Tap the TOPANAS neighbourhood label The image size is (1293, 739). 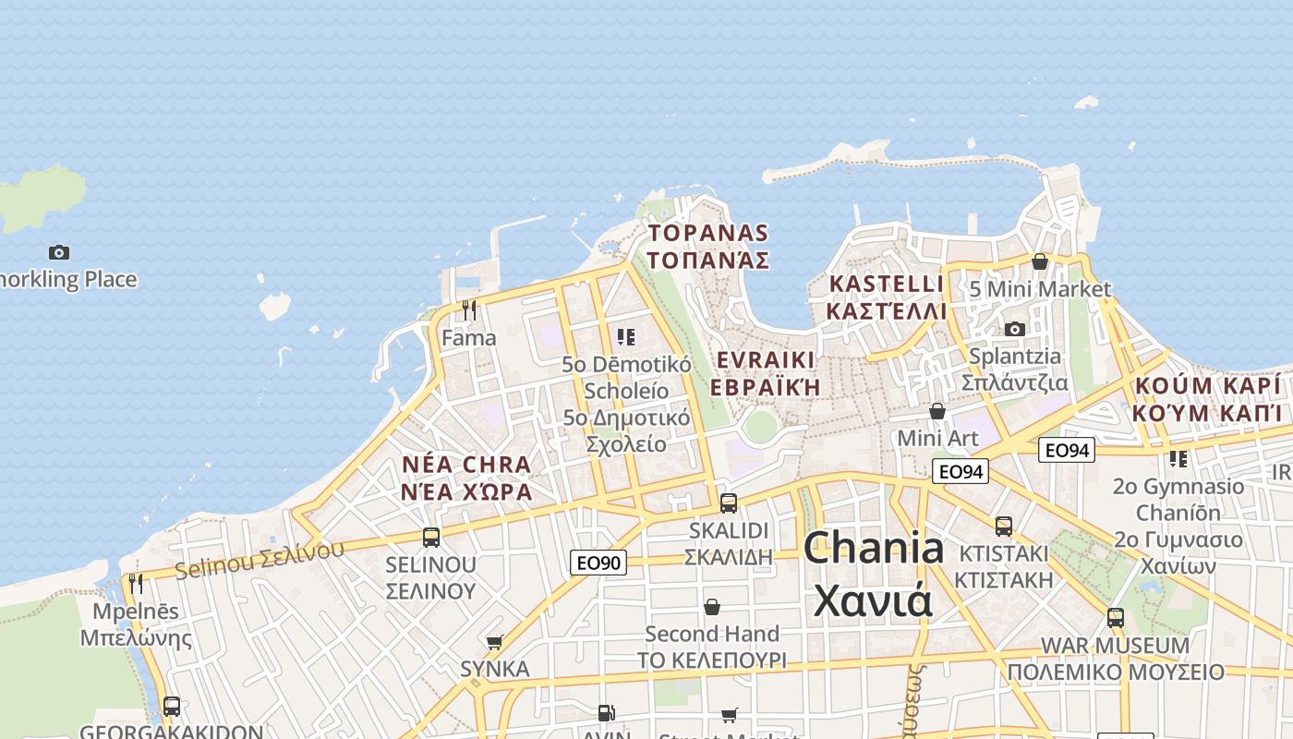click(x=707, y=246)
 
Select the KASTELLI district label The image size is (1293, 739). click(x=887, y=297)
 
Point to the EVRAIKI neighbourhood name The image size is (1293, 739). click(x=767, y=372)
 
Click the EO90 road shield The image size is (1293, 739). click(x=598, y=562)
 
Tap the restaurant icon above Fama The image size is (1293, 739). click(x=469, y=310)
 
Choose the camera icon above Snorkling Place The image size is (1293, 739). click(x=59, y=252)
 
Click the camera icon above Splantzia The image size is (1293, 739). click(x=1014, y=329)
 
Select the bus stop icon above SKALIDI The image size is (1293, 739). click(x=729, y=503)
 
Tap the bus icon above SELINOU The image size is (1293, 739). click(x=430, y=538)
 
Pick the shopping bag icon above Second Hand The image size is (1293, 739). click(x=711, y=607)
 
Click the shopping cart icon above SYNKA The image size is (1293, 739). click(x=495, y=642)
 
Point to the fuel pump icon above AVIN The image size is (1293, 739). click(x=606, y=712)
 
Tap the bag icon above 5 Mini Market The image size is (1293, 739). click(x=1039, y=261)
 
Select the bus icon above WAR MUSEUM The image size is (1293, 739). click(x=1115, y=617)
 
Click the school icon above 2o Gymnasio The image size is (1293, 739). click(x=1178, y=458)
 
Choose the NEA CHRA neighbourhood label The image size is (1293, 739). click(x=466, y=478)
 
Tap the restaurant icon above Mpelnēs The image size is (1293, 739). click(x=136, y=584)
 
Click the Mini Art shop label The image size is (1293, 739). click(x=937, y=437)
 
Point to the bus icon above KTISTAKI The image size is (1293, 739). click(x=1003, y=527)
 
